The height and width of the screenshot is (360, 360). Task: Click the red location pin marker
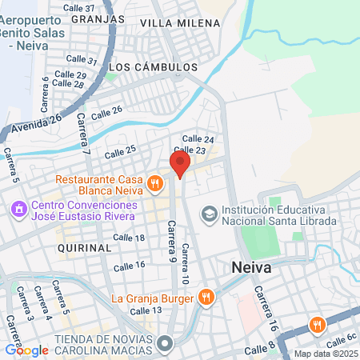click(180, 165)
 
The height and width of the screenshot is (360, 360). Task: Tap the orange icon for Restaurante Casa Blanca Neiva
click(155, 186)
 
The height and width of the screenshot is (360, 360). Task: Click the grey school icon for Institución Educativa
click(210, 214)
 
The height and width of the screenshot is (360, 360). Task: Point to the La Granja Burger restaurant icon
click(206, 298)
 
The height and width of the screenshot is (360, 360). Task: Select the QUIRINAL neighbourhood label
click(84, 248)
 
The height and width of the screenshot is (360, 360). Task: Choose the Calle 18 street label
click(128, 238)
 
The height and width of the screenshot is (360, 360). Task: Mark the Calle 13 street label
click(145, 310)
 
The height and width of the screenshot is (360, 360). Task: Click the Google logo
click(26, 350)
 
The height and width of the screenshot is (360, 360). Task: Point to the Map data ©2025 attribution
click(325, 354)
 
